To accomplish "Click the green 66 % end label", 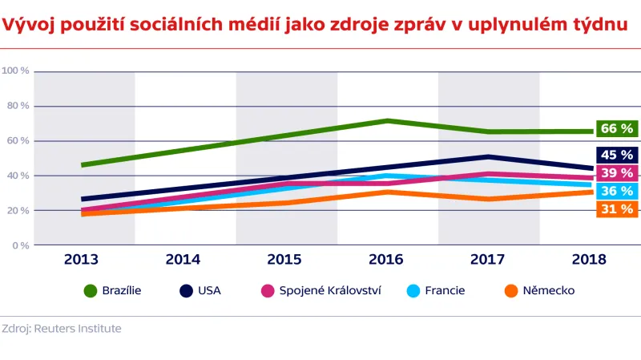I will click(x=616, y=128).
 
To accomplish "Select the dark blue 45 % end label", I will click(x=616, y=155).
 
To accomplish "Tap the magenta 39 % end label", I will click(x=616, y=173).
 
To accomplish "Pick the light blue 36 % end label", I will click(x=616, y=191).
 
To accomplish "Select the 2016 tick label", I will click(x=387, y=260).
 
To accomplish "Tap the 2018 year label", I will click(x=589, y=260).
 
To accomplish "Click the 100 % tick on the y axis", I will click(x=16, y=71).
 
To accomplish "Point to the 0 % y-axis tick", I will click(x=20, y=245).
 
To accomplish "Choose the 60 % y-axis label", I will click(x=18, y=140).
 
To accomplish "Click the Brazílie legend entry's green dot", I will click(x=90, y=291).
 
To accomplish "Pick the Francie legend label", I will click(x=445, y=291).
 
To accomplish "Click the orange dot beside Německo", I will click(x=510, y=291).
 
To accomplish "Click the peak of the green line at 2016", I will click(x=387, y=121).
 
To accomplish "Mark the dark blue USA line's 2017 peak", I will click(x=488, y=156).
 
